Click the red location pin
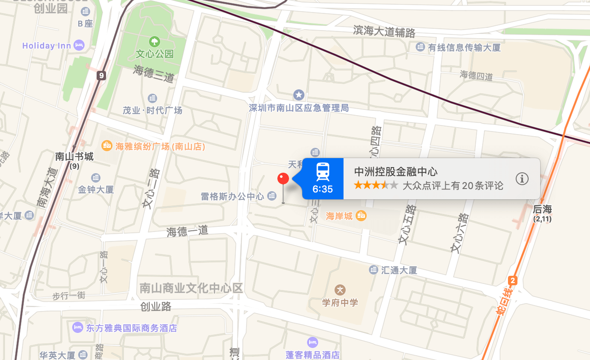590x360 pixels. [x=283, y=179]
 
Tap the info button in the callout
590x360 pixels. [x=522, y=179]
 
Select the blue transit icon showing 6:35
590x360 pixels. [x=323, y=179]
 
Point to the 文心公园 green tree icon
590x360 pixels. [x=154, y=42]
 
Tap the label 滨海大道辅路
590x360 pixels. [x=384, y=31]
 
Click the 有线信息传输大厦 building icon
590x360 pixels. [x=420, y=47]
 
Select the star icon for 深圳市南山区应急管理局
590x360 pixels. [x=299, y=95]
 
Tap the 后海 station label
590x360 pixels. [x=542, y=210]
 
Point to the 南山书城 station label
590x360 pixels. [x=74, y=156]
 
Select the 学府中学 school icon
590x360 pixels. [x=340, y=290]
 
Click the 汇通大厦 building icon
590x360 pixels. [x=374, y=270]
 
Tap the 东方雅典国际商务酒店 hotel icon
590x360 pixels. [x=78, y=328]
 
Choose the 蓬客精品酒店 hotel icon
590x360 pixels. [x=313, y=342]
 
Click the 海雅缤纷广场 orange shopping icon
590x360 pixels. [x=106, y=146]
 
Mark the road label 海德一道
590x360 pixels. [x=187, y=231]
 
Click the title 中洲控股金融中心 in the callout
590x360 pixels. [x=395, y=172]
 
